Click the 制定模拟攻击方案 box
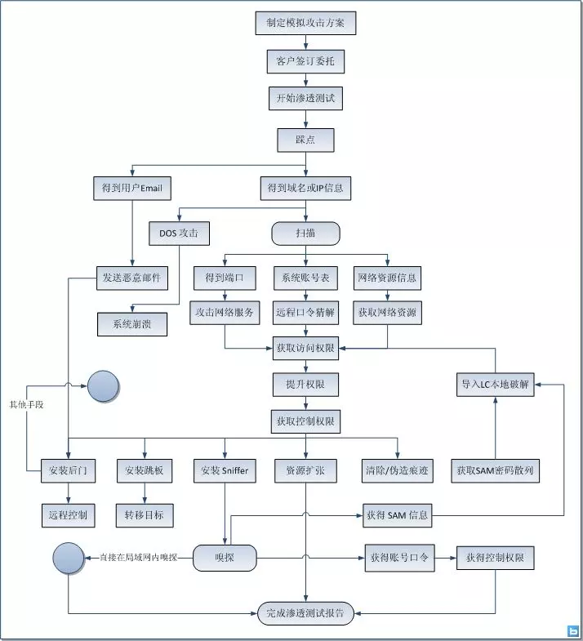[305, 23]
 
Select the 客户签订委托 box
[305, 61]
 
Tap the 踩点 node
[305, 140]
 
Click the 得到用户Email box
[132, 188]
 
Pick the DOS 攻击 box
[179, 234]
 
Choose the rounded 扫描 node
[305, 234]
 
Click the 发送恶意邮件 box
[132, 278]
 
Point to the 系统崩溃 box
[132, 324]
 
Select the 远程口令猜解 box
[305, 313]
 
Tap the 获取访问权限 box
[305, 349]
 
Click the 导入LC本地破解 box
[495, 385]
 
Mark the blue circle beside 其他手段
[103, 386]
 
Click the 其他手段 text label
[27, 405]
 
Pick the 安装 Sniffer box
[225, 471]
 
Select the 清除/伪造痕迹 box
[397, 471]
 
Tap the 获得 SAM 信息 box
[397, 515]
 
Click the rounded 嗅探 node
[225, 558]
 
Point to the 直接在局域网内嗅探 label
[139, 558]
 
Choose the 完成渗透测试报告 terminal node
[305, 613]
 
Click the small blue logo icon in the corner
[573, 630]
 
